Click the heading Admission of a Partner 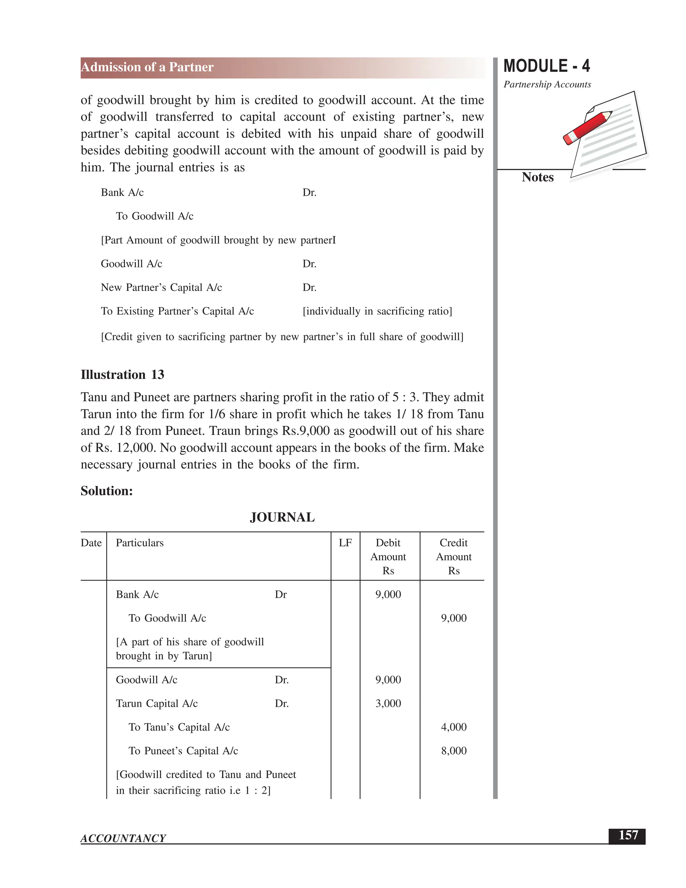point(147,67)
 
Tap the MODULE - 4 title point(546,66)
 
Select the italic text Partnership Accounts point(547,84)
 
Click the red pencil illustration point(587,127)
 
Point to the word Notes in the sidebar point(537,177)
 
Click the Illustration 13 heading point(122,375)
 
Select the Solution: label point(107,491)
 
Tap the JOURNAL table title point(282,517)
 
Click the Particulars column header point(139,543)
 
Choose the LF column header point(345,543)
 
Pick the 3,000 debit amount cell point(388,703)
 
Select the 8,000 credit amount point(454,751)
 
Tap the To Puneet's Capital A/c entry point(183,751)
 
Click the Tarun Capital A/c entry point(156,703)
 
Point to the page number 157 point(628,835)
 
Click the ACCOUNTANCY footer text point(123,838)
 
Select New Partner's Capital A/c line point(161,288)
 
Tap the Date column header point(91,543)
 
